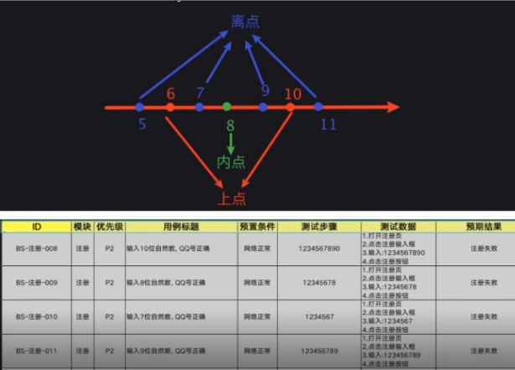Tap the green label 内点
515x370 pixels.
tap(230, 162)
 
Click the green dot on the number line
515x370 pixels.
tap(227, 107)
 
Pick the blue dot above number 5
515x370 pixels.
tap(139, 107)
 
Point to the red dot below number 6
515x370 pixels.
tap(170, 107)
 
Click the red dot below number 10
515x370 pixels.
tap(291, 107)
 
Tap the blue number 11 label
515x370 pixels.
tap(327, 126)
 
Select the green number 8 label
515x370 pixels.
tap(230, 127)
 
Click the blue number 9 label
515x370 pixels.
tap(265, 90)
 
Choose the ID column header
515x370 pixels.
tap(37, 227)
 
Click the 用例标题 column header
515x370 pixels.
tap(180, 227)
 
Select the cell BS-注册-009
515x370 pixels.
tap(37, 283)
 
